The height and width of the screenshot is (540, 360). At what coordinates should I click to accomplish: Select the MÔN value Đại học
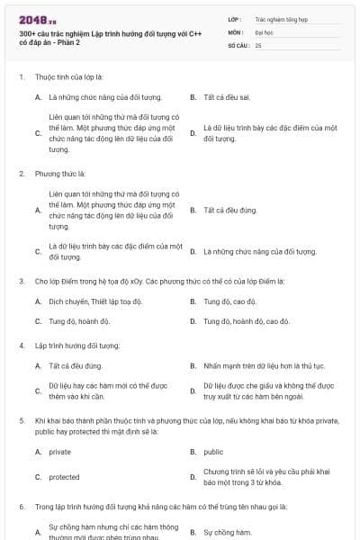(264, 31)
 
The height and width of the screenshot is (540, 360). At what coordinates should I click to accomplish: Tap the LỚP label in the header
(234, 18)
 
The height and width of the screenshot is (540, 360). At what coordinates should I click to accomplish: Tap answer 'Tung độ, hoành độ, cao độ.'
(247, 321)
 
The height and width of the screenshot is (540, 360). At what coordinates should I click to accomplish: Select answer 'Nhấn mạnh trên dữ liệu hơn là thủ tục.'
(264, 366)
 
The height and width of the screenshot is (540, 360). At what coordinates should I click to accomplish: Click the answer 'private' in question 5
(59, 452)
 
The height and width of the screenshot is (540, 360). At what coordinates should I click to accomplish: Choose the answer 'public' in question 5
(213, 452)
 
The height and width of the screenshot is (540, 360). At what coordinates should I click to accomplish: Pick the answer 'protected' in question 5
(64, 477)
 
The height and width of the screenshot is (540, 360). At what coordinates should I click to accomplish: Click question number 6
(22, 507)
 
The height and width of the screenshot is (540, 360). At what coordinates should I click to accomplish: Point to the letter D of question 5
(193, 477)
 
